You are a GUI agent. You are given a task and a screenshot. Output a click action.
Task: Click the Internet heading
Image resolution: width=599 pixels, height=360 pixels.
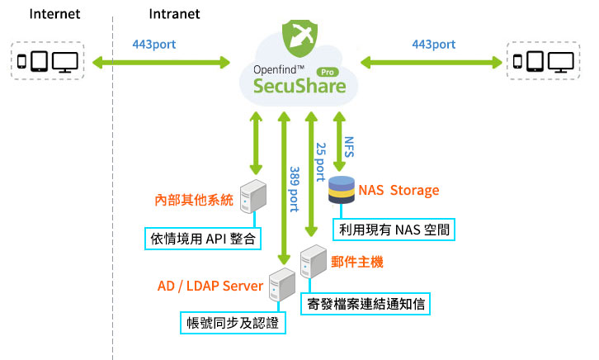[54, 14]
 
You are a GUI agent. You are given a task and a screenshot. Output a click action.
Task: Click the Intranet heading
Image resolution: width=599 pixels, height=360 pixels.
[174, 14]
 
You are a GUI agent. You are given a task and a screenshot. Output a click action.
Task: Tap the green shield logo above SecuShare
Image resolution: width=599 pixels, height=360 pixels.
[299, 36]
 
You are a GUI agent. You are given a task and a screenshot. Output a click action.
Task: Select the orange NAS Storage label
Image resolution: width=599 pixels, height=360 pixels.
[399, 191]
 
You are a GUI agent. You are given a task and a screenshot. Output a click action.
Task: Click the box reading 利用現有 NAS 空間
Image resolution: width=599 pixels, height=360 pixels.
[395, 227]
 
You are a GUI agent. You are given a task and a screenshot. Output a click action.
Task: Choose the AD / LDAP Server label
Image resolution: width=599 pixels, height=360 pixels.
[210, 286]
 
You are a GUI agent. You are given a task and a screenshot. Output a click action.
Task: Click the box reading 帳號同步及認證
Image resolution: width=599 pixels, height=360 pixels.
[233, 322]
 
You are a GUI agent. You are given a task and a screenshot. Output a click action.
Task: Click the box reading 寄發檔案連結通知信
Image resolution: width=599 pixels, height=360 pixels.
[366, 302]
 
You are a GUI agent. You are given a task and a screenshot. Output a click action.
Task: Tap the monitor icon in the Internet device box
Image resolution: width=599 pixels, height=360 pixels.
[65, 62]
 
